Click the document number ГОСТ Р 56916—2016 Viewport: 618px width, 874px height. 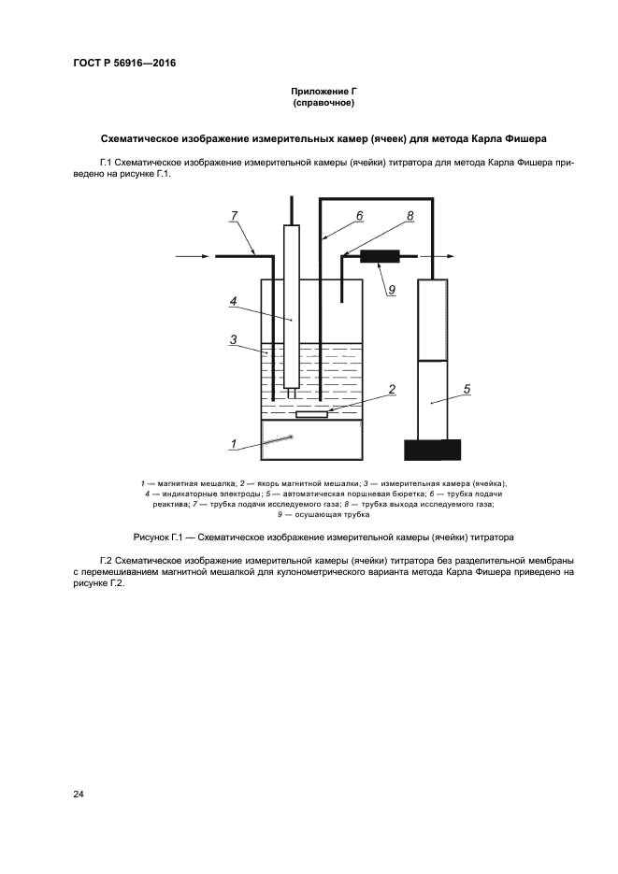tap(124, 64)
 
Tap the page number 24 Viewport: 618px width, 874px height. tap(79, 794)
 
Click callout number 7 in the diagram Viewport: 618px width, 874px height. tap(234, 217)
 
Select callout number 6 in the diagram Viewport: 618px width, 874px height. tap(358, 216)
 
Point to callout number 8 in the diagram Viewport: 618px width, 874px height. tap(409, 216)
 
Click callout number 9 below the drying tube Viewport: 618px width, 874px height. tap(391, 289)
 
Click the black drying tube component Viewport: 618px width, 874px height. tap(380, 255)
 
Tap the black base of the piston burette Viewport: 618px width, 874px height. tap(432, 450)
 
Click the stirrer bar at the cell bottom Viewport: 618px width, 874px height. tap(311, 414)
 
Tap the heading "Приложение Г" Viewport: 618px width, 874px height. tap(324, 91)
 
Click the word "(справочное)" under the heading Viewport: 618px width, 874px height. tap(324, 102)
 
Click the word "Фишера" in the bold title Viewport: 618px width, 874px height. tap(525, 138)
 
